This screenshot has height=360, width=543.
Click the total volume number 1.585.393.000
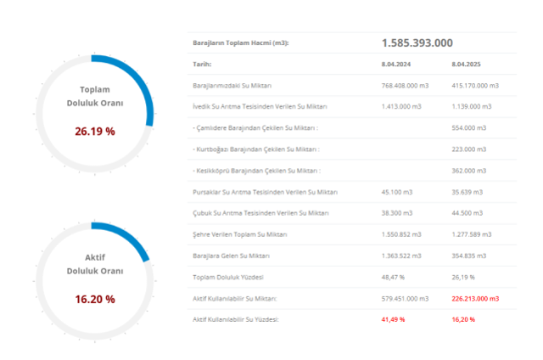417,43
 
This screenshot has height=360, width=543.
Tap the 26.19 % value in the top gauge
96,132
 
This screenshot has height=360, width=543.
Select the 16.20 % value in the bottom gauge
96,299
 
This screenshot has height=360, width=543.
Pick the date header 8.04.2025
465,64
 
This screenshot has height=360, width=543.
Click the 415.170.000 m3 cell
475,85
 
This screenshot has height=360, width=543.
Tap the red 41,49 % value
393,319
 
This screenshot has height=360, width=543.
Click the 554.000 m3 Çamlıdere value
468,127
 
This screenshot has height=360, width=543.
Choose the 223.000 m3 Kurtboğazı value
468,149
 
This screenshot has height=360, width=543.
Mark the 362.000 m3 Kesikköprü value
468,170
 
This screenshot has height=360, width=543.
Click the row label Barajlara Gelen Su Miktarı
232,256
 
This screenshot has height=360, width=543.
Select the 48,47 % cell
392,277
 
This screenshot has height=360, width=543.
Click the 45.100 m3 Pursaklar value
397,191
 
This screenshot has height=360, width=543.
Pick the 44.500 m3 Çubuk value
467,212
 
